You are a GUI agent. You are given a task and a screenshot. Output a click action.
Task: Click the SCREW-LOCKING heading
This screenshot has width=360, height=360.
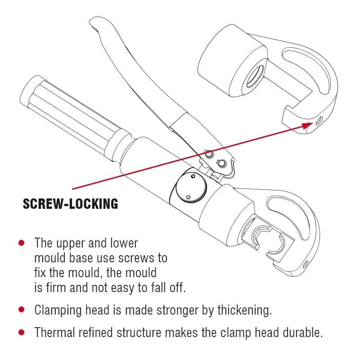(70, 204)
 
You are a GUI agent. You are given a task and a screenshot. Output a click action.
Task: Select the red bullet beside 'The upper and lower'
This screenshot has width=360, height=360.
(21, 243)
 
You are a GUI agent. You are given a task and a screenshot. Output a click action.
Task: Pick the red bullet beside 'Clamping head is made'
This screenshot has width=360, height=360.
(21, 310)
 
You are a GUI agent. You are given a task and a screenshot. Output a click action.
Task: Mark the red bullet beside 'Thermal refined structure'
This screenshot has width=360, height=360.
(21, 333)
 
